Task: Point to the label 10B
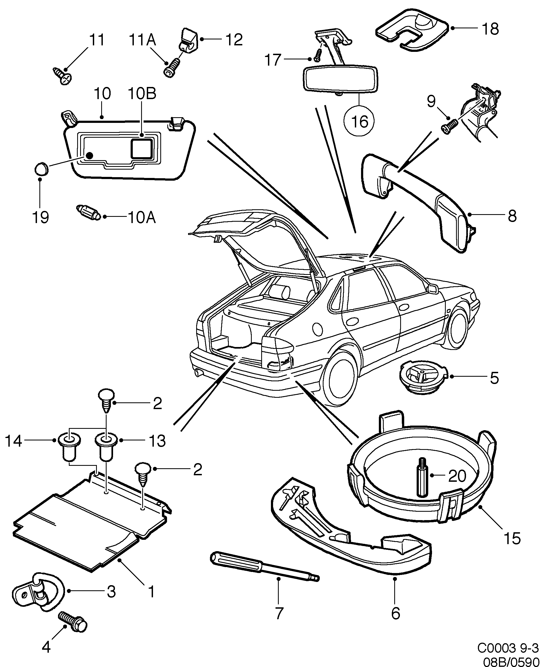[142, 94]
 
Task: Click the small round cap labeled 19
[41, 169]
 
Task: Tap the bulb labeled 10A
[89, 212]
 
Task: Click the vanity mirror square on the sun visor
[142, 148]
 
